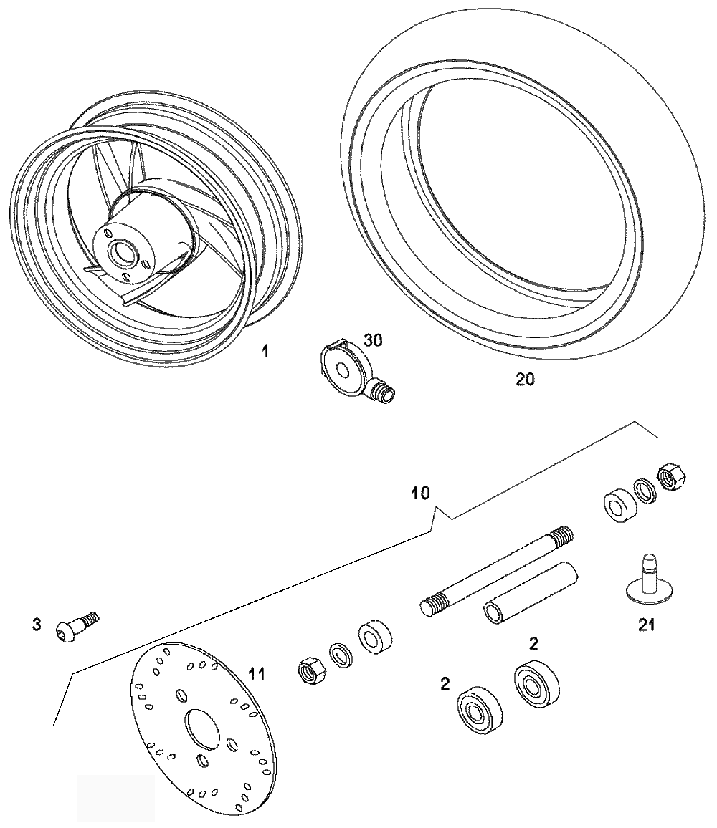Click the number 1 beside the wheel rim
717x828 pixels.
265,351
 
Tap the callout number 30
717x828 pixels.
373,341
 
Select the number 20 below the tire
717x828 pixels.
525,379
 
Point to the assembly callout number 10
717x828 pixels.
420,494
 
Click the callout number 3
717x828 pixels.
37,625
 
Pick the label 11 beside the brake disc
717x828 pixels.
257,674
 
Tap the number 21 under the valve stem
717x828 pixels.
646,625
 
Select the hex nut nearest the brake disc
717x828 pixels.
311,670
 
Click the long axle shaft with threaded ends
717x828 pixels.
496,571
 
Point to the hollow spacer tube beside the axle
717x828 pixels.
531,592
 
